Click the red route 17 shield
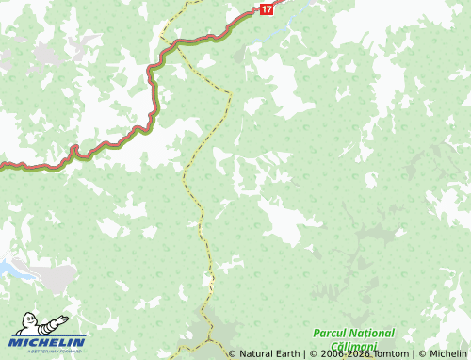click(268, 8)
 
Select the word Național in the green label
click(373, 334)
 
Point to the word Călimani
click(354, 347)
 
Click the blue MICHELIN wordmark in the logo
click(48, 341)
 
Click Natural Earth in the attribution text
click(269, 354)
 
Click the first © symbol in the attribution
click(233, 354)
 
